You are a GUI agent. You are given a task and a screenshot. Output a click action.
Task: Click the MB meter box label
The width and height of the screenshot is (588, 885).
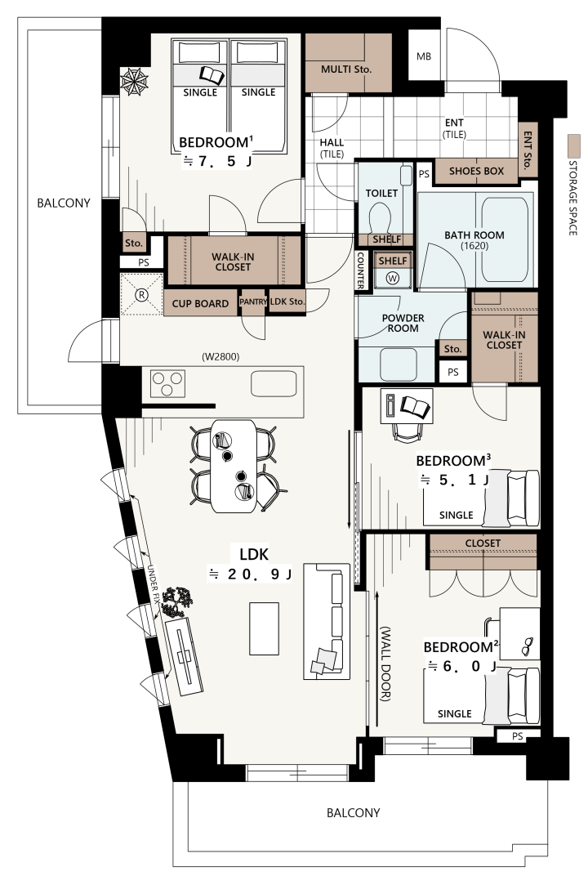(423, 56)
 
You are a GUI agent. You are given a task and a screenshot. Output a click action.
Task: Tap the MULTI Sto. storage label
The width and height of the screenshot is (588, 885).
(346, 69)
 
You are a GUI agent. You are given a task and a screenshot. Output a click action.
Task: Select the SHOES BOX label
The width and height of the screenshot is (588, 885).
(476, 171)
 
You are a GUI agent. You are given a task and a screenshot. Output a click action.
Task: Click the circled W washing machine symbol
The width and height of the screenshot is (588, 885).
(394, 278)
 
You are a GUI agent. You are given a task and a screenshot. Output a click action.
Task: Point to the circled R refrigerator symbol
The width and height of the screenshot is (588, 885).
(141, 294)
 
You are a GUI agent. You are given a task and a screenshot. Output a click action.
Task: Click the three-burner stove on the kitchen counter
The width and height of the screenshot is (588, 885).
(167, 384)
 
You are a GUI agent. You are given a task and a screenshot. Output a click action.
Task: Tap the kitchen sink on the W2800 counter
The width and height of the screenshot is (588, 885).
(274, 384)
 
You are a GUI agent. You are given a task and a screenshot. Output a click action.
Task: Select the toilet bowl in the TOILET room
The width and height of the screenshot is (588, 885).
(380, 217)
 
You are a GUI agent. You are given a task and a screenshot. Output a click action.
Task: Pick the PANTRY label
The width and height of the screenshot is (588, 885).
(253, 302)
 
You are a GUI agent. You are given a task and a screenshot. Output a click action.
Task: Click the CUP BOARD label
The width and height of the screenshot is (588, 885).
(200, 304)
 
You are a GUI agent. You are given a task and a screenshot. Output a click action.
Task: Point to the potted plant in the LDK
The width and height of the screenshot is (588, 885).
(176, 601)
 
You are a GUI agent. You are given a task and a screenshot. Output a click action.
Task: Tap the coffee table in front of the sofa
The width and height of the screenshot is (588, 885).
(264, 628)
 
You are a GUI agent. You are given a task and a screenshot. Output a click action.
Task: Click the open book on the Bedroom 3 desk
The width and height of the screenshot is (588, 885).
(416, 406)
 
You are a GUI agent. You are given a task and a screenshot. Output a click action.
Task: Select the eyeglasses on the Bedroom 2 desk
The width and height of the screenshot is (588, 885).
(527, 646)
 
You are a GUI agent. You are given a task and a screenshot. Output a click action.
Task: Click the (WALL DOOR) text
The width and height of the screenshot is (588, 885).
(385, 664)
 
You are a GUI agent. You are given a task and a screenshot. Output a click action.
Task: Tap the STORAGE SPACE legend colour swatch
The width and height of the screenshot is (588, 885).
(574, 146)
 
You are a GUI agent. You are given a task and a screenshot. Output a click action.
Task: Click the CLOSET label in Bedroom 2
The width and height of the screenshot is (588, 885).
(483, 543)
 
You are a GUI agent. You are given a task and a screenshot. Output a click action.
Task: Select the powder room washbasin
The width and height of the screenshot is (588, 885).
(399, 364)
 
